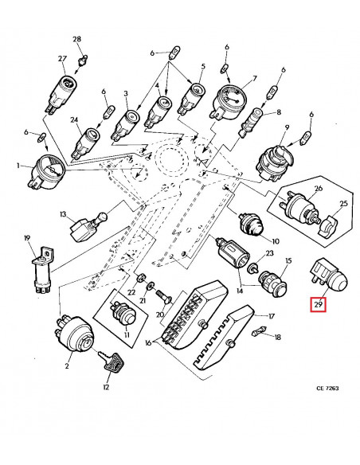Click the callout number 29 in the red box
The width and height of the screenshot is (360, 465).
319,305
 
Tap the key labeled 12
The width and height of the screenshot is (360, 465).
112,361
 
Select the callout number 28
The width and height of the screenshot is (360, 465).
76,39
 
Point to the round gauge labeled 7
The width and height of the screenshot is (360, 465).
226,101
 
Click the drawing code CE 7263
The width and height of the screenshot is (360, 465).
327,388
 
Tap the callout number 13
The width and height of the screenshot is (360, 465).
64,214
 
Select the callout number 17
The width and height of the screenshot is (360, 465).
272,316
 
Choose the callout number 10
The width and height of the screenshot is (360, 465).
276,240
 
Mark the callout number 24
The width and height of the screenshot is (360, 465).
74,119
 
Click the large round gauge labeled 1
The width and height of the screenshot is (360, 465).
48,172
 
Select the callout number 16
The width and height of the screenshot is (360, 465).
148,343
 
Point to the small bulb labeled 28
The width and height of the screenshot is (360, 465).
82,60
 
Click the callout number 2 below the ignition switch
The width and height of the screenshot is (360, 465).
67,366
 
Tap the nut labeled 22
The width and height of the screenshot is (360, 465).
140,278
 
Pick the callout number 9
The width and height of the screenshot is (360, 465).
287,128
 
